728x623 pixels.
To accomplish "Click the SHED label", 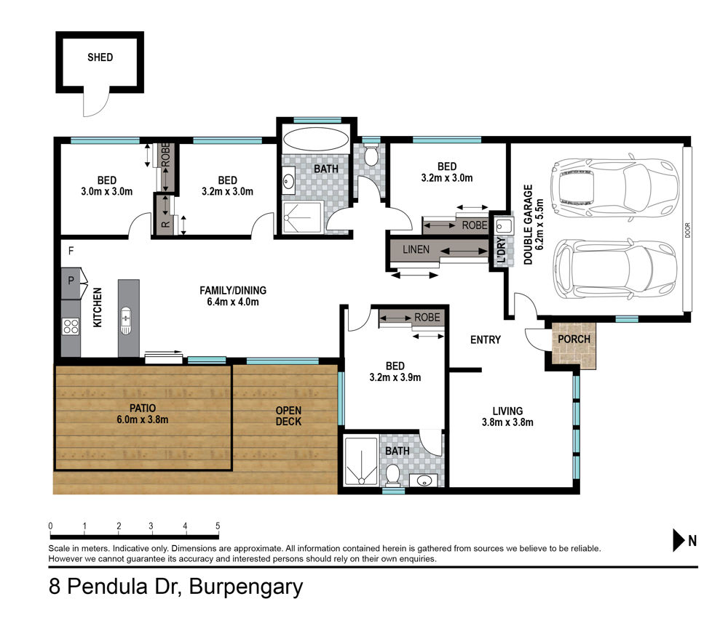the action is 100,57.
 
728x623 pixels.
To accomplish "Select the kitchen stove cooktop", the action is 71,326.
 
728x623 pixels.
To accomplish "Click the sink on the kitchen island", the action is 126,320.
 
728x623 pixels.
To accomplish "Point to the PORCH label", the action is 574,339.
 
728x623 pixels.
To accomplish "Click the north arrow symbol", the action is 679,540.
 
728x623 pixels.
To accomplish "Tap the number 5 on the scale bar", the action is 218,526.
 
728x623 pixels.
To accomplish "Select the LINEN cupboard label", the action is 416,249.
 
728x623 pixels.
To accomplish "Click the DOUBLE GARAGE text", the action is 529,225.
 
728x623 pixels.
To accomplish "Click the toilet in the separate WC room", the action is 371,156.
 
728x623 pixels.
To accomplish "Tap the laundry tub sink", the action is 504,226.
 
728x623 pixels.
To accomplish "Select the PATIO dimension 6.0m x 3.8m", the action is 143,419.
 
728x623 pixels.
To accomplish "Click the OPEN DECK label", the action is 288,416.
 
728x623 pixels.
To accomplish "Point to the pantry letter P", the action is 71,280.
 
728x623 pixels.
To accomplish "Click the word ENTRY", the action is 486,339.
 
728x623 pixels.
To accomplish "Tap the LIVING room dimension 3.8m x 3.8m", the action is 507,422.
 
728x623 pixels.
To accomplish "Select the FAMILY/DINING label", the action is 233,291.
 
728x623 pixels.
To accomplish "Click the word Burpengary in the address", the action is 246,587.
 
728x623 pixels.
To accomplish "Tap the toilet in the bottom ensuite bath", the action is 393,474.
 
